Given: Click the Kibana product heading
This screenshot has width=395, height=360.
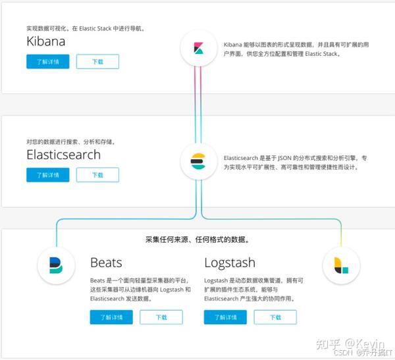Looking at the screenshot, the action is [46, 41].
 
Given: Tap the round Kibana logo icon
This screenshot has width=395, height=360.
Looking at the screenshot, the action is [199, 47].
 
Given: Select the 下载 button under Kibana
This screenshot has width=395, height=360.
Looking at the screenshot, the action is [97, 62].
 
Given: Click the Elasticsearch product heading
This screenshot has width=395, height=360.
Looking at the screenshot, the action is [63, 155].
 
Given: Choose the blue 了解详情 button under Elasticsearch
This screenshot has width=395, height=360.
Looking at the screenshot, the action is [47, 175].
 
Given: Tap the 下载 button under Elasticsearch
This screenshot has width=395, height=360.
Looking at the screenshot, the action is [97, 175].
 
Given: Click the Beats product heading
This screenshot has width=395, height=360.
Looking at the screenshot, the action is [106, 263].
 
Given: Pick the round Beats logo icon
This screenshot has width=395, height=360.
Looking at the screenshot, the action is [56, 265].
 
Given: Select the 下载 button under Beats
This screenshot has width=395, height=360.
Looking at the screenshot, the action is [162, 317].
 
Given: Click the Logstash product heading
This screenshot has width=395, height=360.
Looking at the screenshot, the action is [230, 263].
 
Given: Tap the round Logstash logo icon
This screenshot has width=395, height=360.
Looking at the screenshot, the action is [341, 266].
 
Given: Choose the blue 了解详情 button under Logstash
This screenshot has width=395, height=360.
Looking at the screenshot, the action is [225, 317].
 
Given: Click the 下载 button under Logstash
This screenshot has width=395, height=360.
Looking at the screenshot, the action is [276, 317].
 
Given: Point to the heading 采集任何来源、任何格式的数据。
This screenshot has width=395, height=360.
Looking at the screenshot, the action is [197, 240].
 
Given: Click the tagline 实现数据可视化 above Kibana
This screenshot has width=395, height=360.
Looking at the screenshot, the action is [85, 28].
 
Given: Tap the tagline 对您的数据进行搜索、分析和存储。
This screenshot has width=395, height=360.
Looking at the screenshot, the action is [70, 141].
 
